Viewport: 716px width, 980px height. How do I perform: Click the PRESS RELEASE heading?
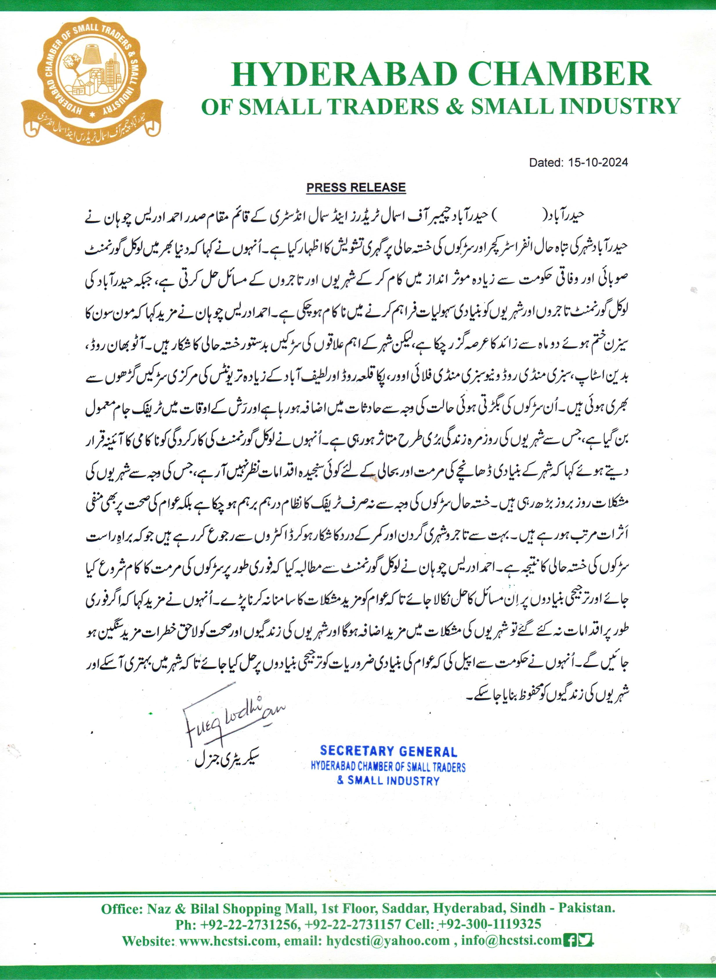[x=356, y=187]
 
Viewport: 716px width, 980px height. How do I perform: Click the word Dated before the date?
[x=545, y=163]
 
